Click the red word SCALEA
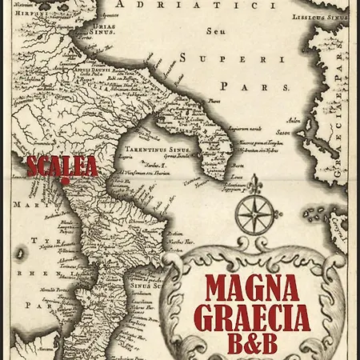tap(62, 166)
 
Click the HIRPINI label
tap(26, 14)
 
